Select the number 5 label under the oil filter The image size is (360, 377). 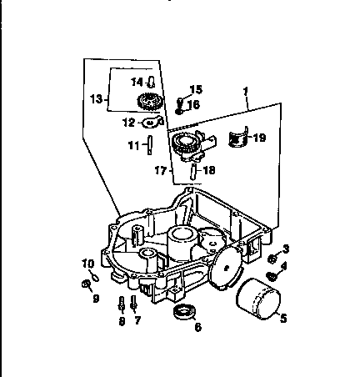click(x=282, y=317)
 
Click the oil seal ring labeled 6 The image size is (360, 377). click(x=184, y=314)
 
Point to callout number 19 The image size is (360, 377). click(x=260, y=138)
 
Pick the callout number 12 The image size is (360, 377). click(x=128, y=123)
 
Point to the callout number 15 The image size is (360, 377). click(x=196, y=89)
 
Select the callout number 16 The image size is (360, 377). click(x=193, y=104)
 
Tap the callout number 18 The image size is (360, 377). click(x=209, y=170)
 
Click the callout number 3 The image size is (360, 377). click(x=286, y=249)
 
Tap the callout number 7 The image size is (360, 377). click(x=138, y=319)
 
